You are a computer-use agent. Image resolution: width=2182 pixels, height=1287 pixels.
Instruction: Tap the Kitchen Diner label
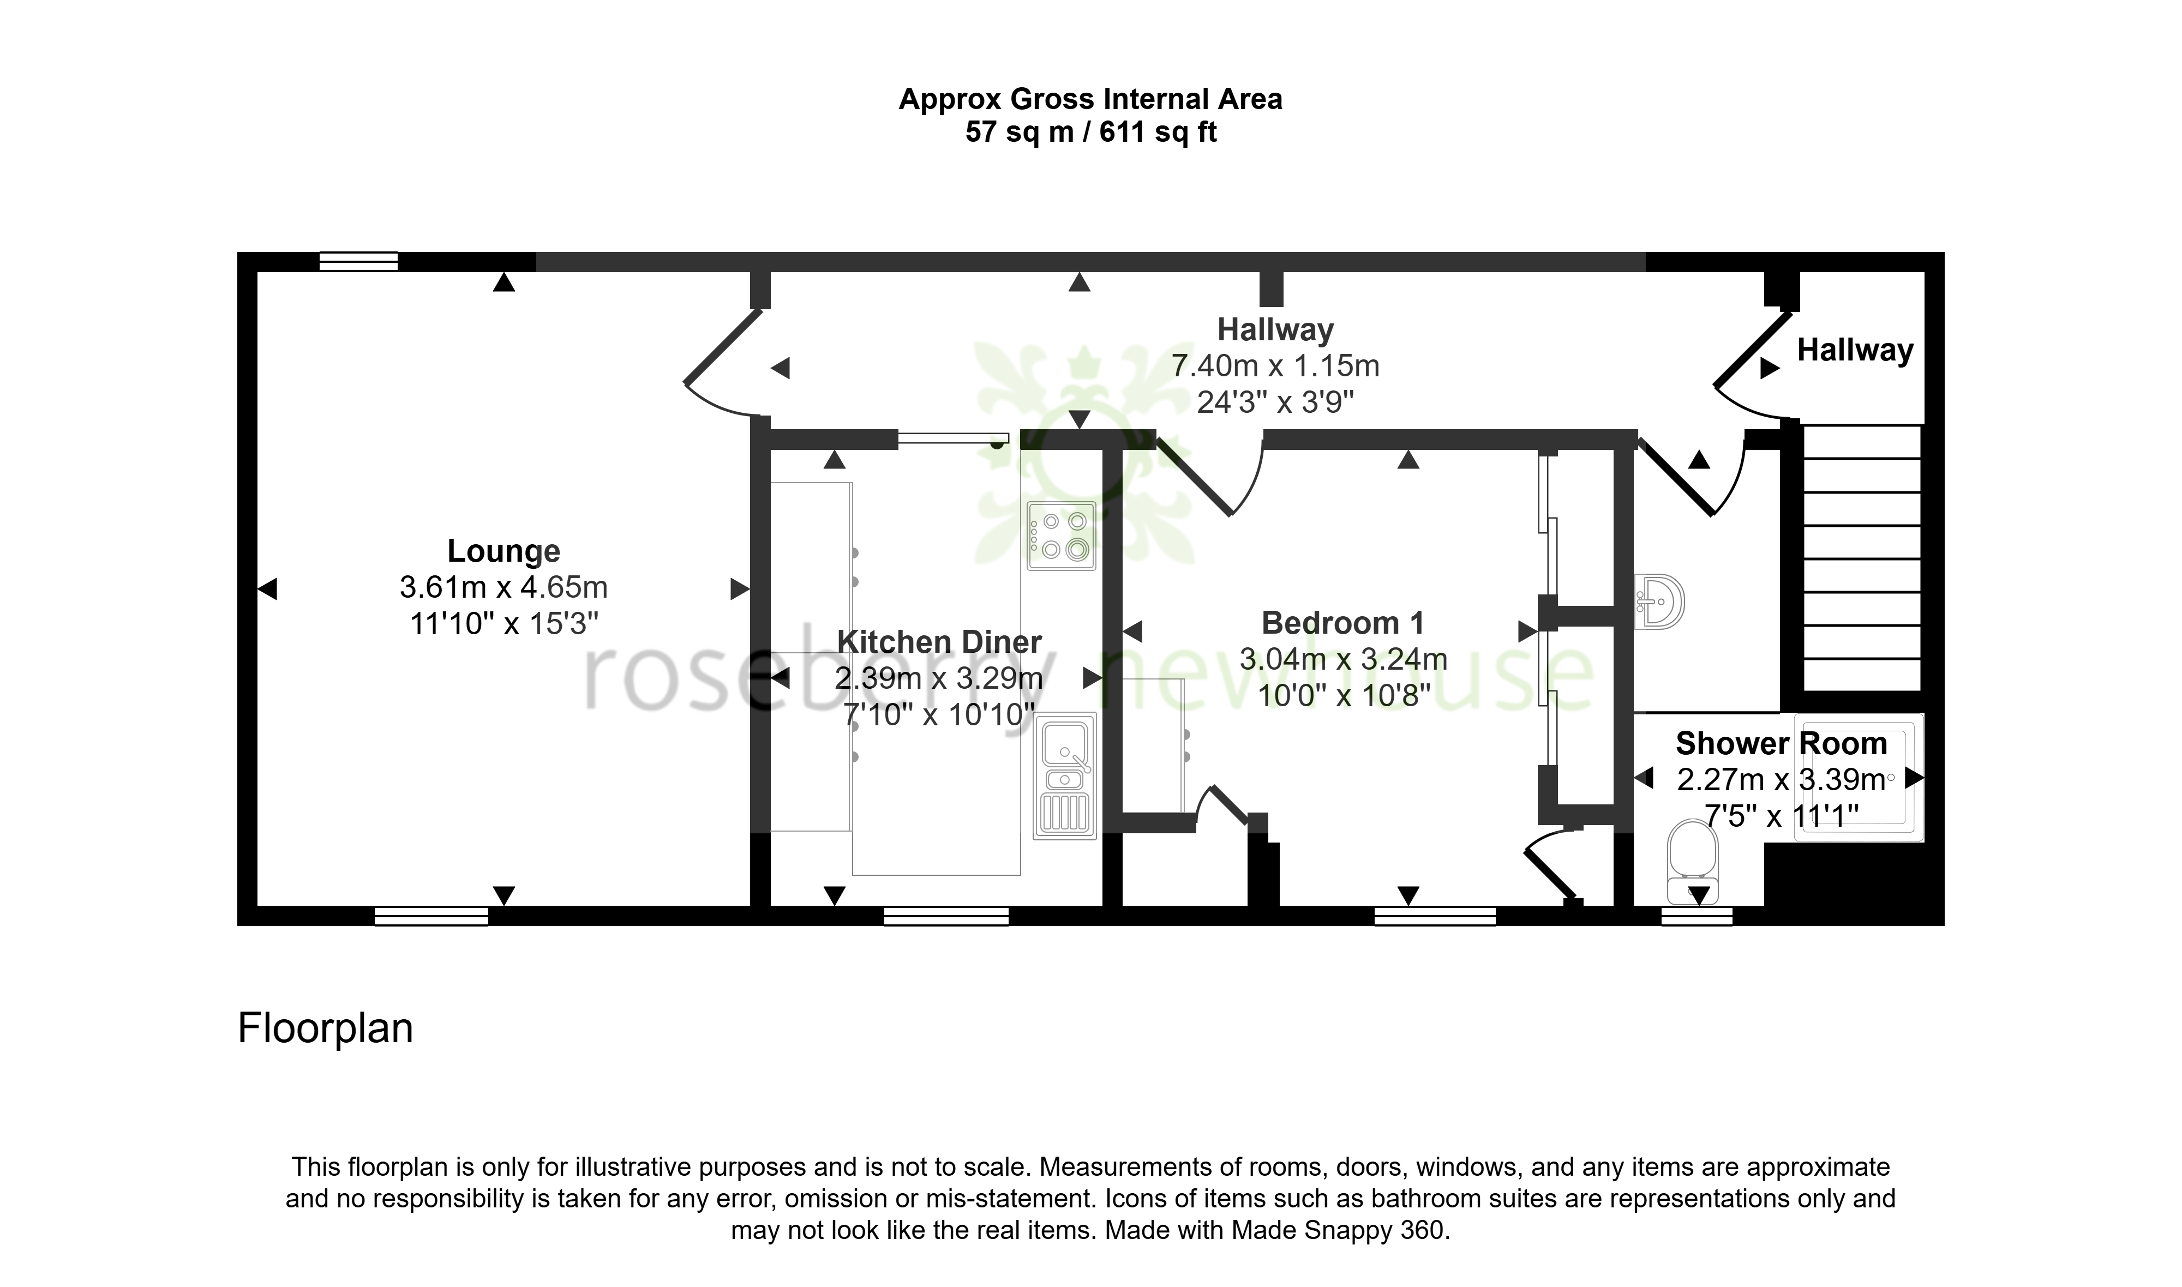(939, 642)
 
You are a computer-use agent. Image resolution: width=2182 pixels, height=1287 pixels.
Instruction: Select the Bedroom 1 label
(1342, 623)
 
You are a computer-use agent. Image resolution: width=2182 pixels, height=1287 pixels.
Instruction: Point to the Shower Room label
(1782, 743)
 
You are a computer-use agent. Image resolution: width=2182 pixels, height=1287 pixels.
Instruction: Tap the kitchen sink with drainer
(1065, 776)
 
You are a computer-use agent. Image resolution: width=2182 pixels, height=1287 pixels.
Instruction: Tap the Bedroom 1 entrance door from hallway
(1210, 477)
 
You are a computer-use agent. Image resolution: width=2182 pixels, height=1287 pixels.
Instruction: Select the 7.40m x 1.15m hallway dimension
(1276, 366)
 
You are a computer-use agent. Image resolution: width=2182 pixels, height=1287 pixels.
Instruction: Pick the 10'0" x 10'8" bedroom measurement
(1344, 695)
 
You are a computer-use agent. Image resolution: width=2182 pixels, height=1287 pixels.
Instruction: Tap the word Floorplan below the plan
(325, 1028)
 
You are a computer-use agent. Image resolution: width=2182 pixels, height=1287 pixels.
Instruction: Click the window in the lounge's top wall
(358, 261)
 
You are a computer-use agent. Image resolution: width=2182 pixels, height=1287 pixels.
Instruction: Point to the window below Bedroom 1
(1435, 916)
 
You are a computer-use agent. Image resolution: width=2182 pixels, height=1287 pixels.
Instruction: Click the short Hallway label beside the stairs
(1855, 350)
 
